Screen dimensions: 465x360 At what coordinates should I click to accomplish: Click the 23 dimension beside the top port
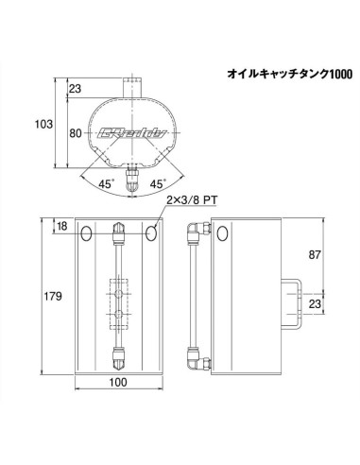(x=75, y=89)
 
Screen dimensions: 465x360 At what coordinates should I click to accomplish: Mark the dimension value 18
(x=61, y=227)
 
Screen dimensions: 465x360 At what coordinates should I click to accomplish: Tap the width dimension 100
(x=119, y=384)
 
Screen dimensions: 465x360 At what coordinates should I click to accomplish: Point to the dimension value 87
(x=317, y=254)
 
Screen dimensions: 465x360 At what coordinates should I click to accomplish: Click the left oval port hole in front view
(x=86, y=232)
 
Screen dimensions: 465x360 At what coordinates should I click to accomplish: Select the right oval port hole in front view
(x=152, y=232)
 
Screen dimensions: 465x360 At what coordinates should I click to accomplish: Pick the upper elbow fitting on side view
(x=196, y=231)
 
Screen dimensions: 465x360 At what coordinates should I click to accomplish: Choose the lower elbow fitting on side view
(x=196, y=357)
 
